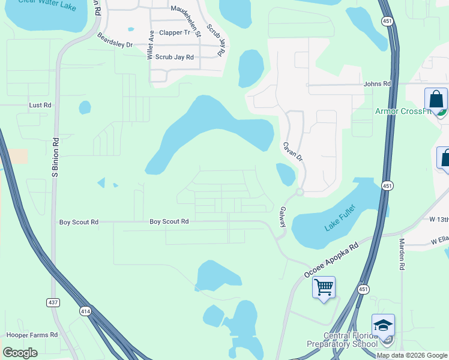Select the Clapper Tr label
(x=174, y=32)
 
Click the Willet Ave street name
(x=151, y=46)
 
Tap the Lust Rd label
(x=40, y=105)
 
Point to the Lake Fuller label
(x=340, y=218)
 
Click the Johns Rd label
(x=377, y=84)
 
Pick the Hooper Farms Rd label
(x=32, y=335)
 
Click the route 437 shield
(x=53, y=302)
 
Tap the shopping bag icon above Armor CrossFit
(x=436, y=100)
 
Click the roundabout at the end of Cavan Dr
(x=299, y=192)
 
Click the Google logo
(x=20, y=353)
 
